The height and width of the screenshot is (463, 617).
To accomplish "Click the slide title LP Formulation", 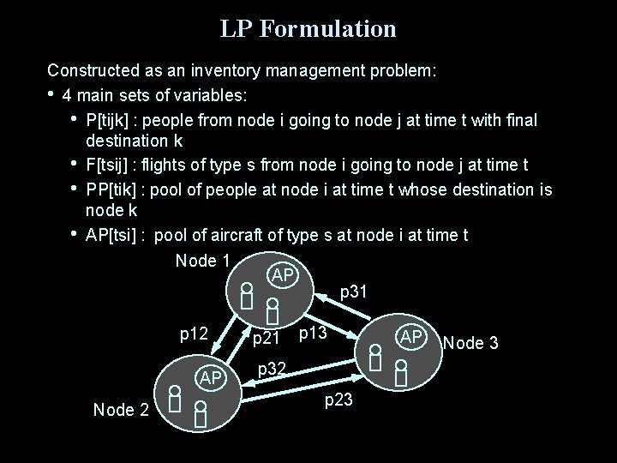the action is point(308,29).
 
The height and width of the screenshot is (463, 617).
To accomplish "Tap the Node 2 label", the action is point(121,410).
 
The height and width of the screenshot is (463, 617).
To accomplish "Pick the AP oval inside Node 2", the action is point(212,378).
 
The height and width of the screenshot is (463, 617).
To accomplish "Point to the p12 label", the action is point(194,332).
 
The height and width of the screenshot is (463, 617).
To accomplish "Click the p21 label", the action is point(268,340).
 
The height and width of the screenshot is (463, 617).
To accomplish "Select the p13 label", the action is point(314,332).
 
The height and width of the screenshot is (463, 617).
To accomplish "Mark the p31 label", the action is point(354,292).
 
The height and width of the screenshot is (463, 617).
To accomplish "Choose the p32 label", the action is point(272,369).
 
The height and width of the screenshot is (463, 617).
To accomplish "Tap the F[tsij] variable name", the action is point(113,165).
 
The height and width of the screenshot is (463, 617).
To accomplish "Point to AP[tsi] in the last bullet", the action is point(115,235).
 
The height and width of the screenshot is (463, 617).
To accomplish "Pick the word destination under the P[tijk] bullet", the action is point(129,140).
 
